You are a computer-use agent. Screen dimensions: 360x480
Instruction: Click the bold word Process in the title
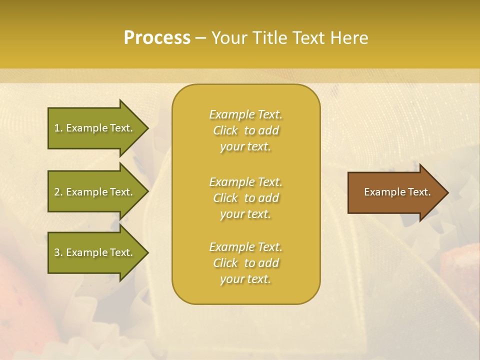coord(157,38)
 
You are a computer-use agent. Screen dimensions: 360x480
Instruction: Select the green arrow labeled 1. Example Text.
coord(95,128)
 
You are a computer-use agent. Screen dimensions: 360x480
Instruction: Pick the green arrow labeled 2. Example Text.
coord(95,192)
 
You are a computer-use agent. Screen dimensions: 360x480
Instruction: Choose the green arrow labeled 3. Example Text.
coord(95,252)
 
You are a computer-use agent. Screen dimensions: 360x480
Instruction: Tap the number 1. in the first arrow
coord(58,128)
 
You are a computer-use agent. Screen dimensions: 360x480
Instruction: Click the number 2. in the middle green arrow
coord(58,192)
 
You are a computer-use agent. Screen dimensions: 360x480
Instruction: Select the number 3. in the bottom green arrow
coord(58,252)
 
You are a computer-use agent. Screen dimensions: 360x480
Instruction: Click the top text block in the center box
coord(245,130)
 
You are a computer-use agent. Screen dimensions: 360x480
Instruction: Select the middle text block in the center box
coord(245,198)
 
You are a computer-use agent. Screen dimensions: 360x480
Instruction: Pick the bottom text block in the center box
coord(245,263)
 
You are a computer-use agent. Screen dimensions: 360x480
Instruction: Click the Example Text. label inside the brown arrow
coord(397,192)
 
